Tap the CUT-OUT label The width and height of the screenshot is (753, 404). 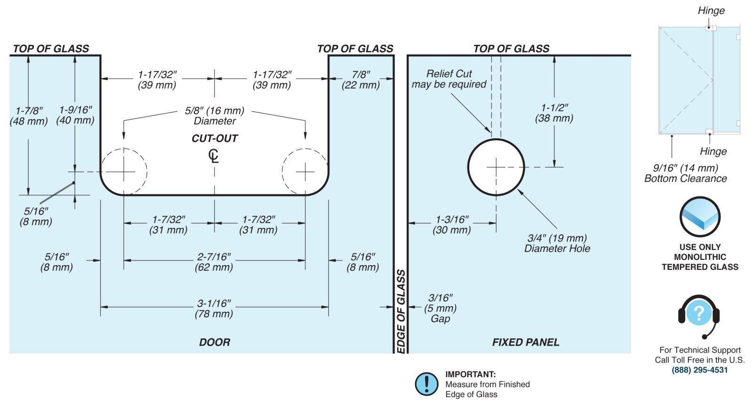(215, 138)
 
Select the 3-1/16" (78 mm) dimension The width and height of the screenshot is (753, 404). (214, 308)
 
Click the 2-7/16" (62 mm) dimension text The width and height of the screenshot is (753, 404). (214, 262)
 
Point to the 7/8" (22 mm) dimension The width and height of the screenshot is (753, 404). (360, 80)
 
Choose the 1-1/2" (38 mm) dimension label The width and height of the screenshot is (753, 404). (554, 113)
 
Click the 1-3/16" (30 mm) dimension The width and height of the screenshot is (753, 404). (451, 225)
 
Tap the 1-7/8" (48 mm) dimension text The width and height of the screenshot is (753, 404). (29, 116)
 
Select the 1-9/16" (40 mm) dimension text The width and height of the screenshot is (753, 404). (75, 115)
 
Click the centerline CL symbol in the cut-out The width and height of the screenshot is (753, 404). (214, 156)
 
